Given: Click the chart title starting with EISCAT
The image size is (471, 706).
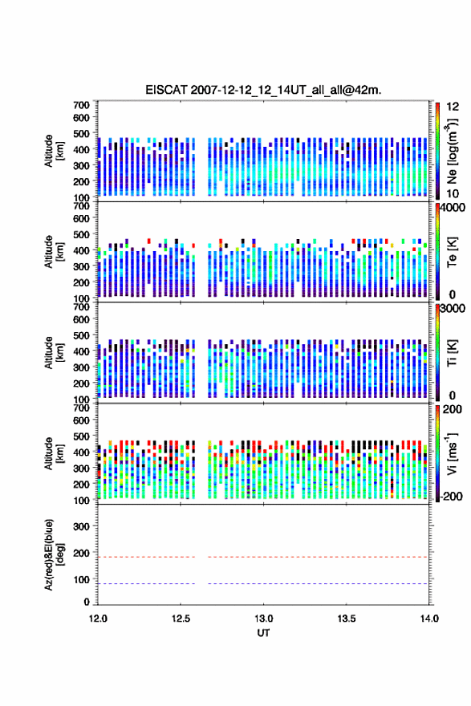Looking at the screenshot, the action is tap(263, 90).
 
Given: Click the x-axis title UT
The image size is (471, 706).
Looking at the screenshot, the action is tap(263, 633).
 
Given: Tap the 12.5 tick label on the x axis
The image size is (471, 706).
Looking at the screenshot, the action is tap(181, 619).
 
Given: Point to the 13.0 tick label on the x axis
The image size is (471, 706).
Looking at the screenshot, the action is tap(263, 619).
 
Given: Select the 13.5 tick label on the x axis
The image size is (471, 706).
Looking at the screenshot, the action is tap(347, 619).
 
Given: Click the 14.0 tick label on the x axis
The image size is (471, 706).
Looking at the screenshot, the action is tap(429, 619).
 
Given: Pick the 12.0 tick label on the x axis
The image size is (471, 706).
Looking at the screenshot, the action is tap(98, 619).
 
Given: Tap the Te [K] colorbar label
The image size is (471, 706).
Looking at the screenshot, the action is tap(452, 252).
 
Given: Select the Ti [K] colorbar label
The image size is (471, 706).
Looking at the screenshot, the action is tap(452, 353).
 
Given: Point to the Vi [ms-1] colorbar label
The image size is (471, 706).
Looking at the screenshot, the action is tap(452, 453).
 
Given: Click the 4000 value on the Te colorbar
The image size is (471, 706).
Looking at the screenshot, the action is tap(453, 208).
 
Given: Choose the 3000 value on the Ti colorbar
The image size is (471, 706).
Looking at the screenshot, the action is tap(453, 309).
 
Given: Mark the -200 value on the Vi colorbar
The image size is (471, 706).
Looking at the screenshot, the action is tap(452, 496).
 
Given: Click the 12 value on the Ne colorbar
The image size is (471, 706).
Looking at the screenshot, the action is tap(453, 107).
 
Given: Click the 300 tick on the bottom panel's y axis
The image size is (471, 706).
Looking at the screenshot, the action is tap(81, 526).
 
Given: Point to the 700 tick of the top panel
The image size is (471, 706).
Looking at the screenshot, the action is tap(81, 105).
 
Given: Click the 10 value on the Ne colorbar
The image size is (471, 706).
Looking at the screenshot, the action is tap(453, 193).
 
